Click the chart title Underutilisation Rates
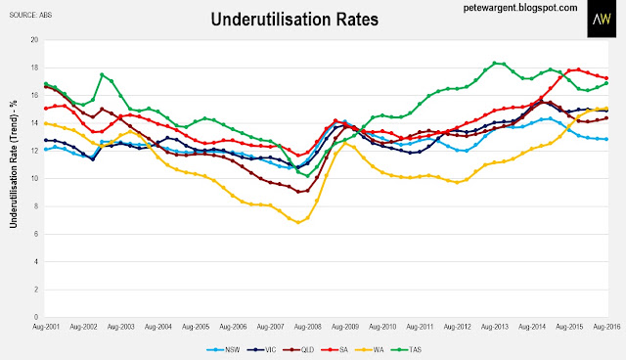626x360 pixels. click(294, 20)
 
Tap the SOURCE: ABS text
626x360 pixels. click(30, 16)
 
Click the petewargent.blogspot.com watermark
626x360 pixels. click(520, 8)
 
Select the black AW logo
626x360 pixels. click(602, 19)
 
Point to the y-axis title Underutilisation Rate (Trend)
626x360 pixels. click(14, 164)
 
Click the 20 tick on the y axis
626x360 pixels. click(34, 40)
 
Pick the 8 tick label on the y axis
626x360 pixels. click(36, 206)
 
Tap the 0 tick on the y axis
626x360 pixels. click(36, 317)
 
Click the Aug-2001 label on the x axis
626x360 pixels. click(46, 327)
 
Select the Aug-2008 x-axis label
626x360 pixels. click(308, 327)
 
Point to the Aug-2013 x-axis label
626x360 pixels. click(495, 327)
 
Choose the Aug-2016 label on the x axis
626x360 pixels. click(606, 327)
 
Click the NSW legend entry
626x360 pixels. click(223, 350)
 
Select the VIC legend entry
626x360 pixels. click(261, 350)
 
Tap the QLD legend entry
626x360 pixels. click(298, 350)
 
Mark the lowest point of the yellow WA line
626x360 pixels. click(298, 222)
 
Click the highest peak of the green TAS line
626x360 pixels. click(495, 63)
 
